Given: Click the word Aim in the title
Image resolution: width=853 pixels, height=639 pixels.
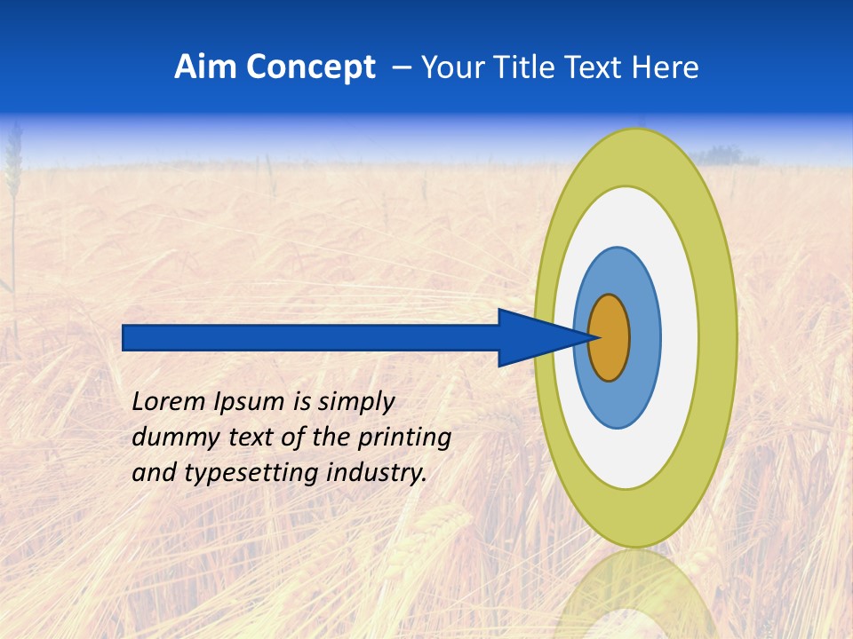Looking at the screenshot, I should point(203,67).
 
